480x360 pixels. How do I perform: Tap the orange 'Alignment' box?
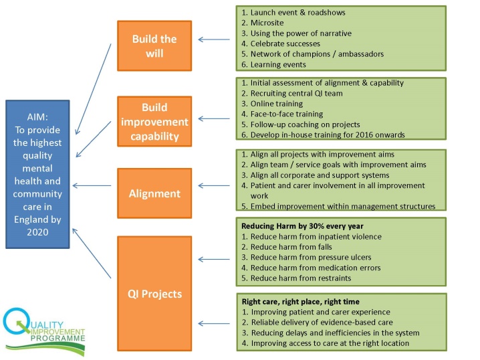tap(154, 193)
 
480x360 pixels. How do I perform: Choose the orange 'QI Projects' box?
tap(154, 293)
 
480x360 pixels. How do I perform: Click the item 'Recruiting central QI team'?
tap(291, 93)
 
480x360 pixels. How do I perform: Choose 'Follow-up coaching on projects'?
tap(300, 124)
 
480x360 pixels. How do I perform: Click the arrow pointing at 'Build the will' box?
tap(214, 39)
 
